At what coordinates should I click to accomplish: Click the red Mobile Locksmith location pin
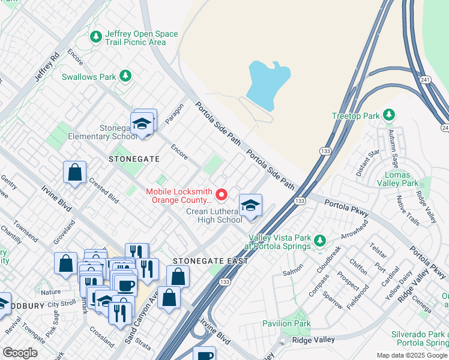[221, 194]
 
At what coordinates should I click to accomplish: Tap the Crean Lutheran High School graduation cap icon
[250, 206]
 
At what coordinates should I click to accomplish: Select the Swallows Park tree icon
[125, 76]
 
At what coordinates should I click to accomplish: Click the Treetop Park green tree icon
[389, 115]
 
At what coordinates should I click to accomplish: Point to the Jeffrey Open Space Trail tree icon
[96, 37]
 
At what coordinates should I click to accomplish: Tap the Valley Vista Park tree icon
[320, 241]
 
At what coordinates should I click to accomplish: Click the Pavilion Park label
[286, 323]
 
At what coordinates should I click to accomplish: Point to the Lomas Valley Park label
[401, 178]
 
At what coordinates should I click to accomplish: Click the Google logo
[20, 353]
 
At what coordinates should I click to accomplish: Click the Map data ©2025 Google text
[412, 355]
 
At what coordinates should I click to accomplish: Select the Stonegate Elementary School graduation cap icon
[142, 124]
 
